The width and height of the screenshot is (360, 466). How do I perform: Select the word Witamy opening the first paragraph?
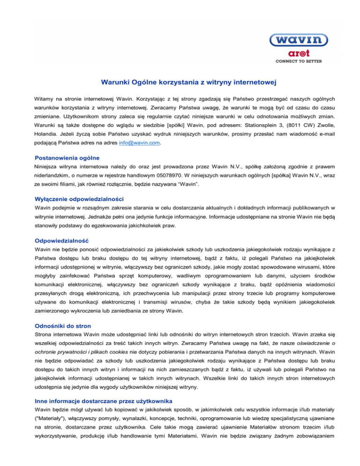coord(45,99)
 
